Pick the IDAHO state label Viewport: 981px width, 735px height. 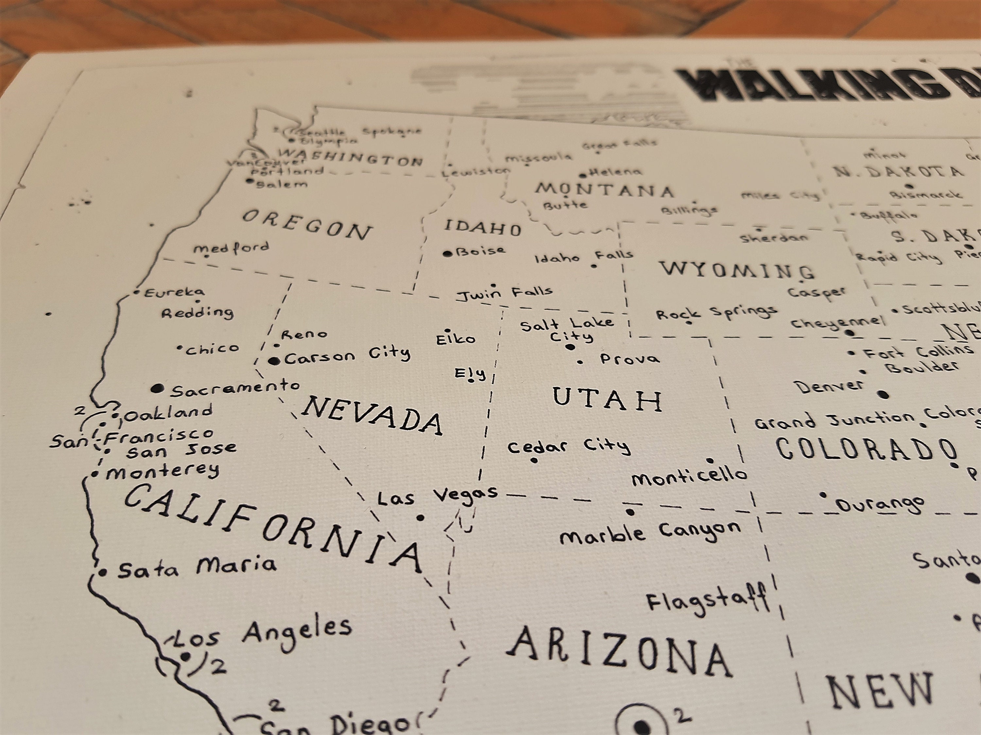click(483, 228)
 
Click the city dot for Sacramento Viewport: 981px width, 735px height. click(156, 389)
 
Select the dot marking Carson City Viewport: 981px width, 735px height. click(275, 361)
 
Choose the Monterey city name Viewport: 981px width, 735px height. click(163, 471)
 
